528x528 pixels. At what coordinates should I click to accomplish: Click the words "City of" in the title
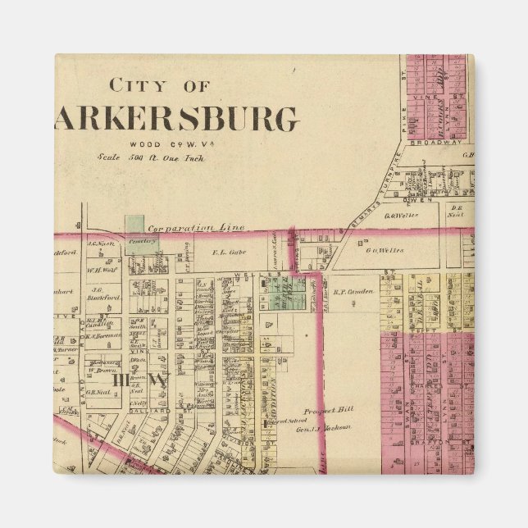tap(160, 86)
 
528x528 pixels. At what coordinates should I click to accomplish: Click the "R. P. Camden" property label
tap(353, 290)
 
